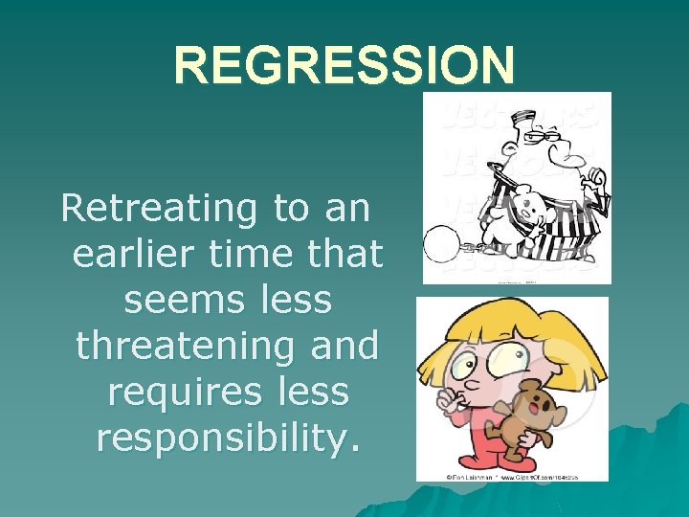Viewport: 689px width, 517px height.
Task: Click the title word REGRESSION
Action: (x=344, y=66)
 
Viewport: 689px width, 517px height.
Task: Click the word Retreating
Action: (x=157, y=209)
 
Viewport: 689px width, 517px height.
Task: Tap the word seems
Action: (x=173, y=300)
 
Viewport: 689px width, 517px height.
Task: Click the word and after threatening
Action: (x=341, y=346)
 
